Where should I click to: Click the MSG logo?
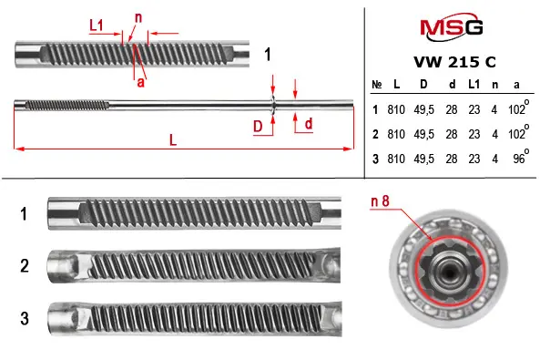tap(451, 26)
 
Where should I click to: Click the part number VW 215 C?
tap(454, 62)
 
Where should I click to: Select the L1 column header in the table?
tap(474, 84)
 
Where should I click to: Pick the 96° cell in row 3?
tap(521, 157)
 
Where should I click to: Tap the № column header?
tap(377, 85)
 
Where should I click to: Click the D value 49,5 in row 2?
tap(424, 134)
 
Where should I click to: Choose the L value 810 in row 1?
tap(396, 109)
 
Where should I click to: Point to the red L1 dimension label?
tap(97, 26)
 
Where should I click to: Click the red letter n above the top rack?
tap(138, 17)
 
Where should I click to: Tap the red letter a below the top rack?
tap(140, 82)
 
